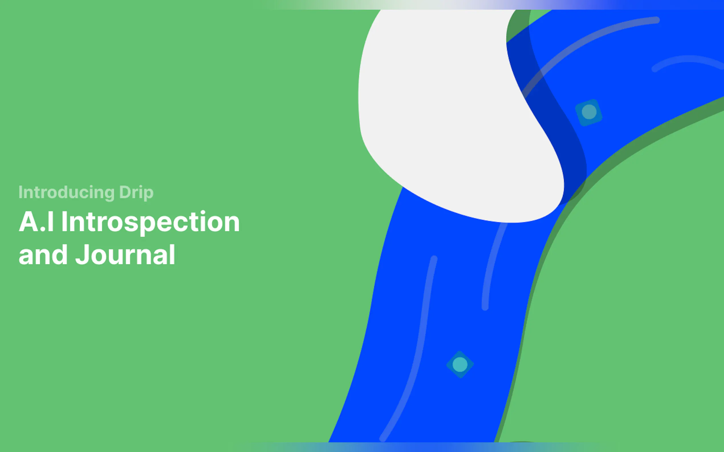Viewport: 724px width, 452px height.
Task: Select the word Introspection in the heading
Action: tap(151, 222)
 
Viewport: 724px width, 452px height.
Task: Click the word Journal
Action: tap(125, 255)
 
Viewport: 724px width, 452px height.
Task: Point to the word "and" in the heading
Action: tap(43, 255)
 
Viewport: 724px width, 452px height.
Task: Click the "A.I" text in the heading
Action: tap(36, 221)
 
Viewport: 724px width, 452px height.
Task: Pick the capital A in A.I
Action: tap(29, 221)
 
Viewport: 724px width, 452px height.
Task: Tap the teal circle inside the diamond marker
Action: tap(460, 364)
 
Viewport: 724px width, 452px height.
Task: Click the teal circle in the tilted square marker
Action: tap(589, 112)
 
